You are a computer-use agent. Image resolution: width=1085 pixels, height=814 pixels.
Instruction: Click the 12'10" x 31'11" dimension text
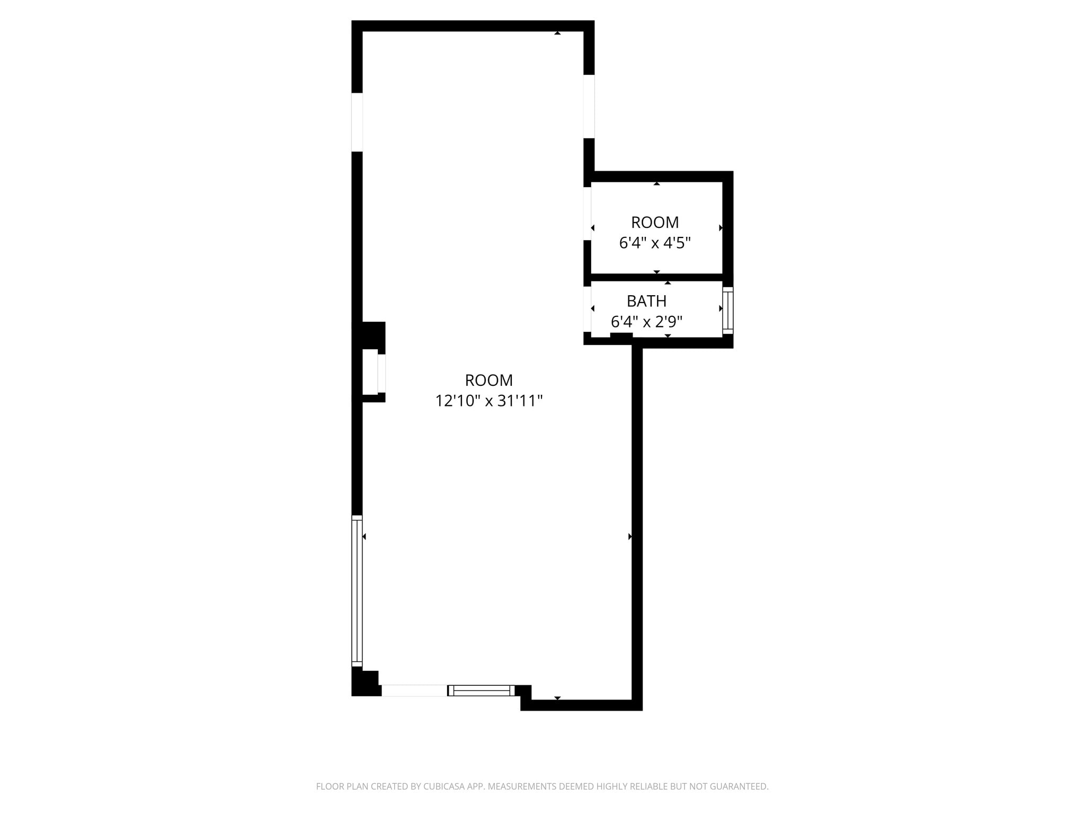click(488, 401)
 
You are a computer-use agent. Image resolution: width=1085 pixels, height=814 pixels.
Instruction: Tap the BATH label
click(646, 301)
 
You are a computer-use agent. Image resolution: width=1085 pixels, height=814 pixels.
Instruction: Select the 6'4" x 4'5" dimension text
click(655, 243)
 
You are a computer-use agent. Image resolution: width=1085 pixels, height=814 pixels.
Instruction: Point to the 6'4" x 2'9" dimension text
click(646, 322)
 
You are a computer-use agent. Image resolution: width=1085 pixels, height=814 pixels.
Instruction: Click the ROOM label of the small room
click(655, 223)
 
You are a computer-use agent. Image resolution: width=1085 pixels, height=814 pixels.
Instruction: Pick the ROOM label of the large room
click(488, 381)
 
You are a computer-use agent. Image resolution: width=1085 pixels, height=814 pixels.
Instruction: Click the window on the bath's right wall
click(728, 311)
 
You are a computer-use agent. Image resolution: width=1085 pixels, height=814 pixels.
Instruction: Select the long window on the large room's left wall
click(357, 590)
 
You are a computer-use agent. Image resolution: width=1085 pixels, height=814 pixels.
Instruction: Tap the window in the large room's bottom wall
click(481, 691)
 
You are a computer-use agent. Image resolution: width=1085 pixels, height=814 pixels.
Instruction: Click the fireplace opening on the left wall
click(381, 374)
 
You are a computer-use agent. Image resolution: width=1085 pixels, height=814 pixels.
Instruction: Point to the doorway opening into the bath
click(587, 309)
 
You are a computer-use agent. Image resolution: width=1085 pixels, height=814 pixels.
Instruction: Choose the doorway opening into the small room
click(587, 214)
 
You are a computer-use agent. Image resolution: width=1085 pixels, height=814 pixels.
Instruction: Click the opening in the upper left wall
click(357, 122)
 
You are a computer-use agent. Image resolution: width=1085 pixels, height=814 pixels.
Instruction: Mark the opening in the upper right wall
click(589, 107)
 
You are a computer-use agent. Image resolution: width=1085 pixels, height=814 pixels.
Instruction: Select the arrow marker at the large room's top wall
click(557, 33)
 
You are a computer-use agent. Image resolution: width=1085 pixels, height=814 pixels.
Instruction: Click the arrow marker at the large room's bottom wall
click(557, 698)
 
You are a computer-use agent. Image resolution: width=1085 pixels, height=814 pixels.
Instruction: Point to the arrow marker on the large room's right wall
click(630, 537)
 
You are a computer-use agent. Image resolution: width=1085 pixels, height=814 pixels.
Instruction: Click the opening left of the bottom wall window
click(414, 691)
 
